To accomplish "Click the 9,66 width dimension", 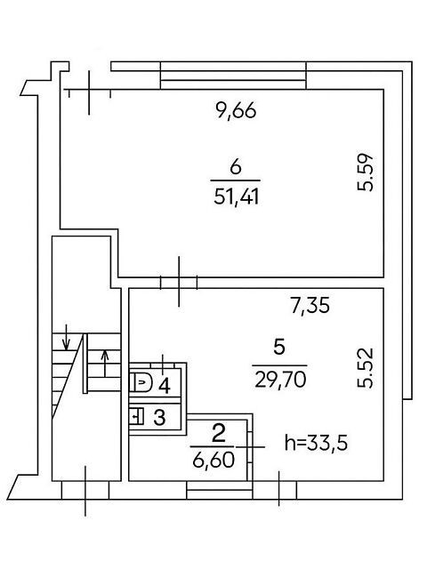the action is tap(236, 110).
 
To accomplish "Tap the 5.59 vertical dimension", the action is tap(366, 172).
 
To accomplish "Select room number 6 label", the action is tap(236, 168).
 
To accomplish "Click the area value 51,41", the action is tap(237, 197).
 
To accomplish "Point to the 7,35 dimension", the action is tap(310, 305).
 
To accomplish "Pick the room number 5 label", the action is tap(278, 348).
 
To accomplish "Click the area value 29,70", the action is tap(280, 381).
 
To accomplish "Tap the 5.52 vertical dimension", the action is tap(366, 368).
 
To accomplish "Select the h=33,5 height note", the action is tap(316, 443).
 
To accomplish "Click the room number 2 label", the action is tap(218, 435).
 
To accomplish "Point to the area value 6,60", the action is tap(213, 461).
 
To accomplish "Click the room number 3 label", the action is tap(160, 417).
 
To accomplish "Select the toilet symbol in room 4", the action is tap(141, 381).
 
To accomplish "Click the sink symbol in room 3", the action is tap(137, 416).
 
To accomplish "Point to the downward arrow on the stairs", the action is tap(66, 338).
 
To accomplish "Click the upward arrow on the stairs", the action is tap(105, 364).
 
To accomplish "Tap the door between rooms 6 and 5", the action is tap(179, 282).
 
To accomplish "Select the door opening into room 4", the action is tap(162, 364).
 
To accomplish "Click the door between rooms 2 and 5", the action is tap(250, 446).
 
